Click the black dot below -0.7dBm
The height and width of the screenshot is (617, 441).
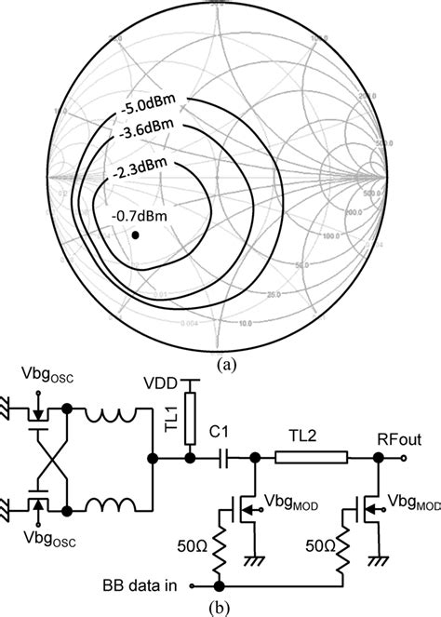[x=137, y=236]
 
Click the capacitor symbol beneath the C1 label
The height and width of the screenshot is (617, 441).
[x=224, y=458]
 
